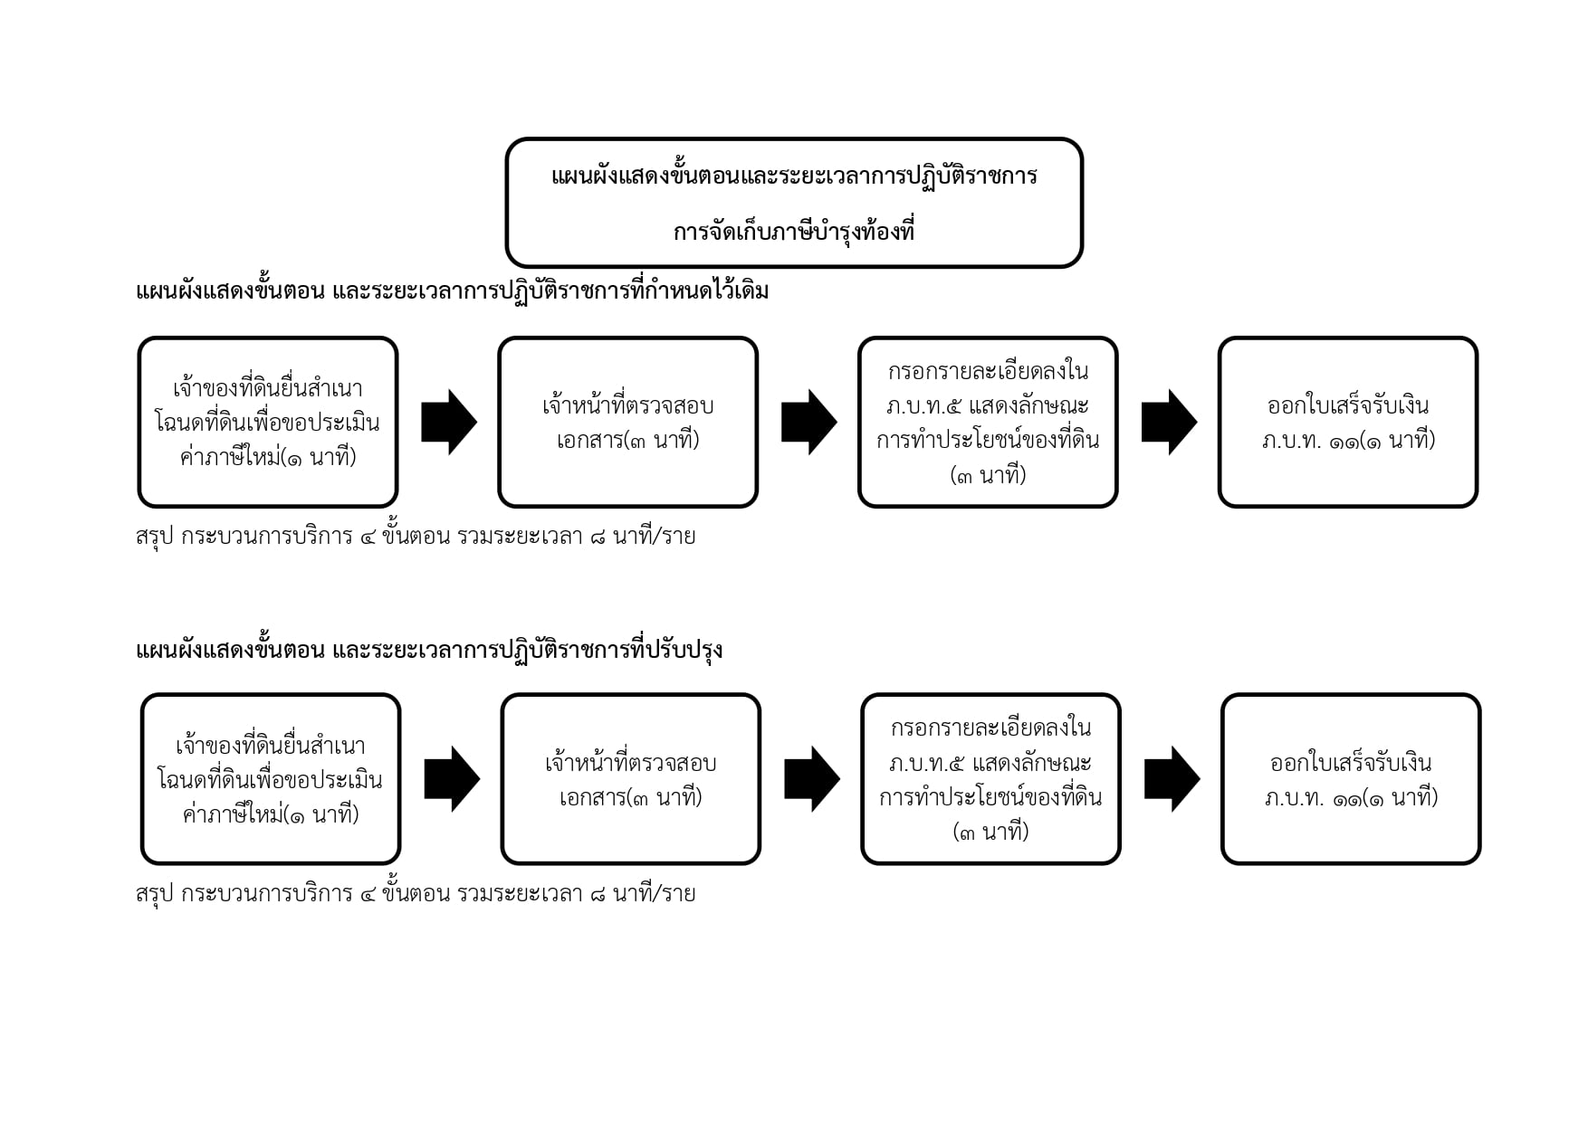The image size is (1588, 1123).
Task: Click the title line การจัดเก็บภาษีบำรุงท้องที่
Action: click(x=793, y=231)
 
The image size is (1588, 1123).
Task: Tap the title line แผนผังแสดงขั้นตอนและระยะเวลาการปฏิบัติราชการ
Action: click(x=794, y=175)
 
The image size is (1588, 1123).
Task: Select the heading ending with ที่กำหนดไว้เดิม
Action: click(x=452, y=290)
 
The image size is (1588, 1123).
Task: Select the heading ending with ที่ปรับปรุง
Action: click(x=429, y=650)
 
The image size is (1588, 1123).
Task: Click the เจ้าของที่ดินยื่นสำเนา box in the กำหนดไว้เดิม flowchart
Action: click(x=268, y=422)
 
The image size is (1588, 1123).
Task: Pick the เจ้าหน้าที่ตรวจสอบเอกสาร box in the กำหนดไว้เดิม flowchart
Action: click(x=627, y=422)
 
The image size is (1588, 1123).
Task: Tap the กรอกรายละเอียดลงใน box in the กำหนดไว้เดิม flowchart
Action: click(x=988, y=422)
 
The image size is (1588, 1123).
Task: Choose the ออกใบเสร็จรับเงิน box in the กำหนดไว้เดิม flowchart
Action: click(x=1348, y=422)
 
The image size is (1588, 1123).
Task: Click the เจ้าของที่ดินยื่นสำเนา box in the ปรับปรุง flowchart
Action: click(x=271, y=779)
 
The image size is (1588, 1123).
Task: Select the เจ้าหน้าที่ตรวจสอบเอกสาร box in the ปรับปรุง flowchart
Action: click(x=630, y=779)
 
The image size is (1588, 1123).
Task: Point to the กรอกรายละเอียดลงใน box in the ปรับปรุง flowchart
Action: click(x=990, y=779)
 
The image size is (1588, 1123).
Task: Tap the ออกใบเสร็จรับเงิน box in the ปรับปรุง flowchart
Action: click(x=1351, y=779)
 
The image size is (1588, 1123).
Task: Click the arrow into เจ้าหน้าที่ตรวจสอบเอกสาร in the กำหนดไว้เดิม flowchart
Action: click(x=449, y=422)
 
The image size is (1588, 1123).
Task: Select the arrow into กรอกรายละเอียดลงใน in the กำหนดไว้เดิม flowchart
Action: click(x=809, y=422)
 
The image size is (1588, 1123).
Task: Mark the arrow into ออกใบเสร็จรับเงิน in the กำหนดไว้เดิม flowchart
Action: click(x=1170, y=422)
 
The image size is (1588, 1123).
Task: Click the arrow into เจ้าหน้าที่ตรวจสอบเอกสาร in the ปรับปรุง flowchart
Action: click(x=452, y=779)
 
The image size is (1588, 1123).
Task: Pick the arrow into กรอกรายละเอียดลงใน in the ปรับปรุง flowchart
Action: click(x=812, y=779)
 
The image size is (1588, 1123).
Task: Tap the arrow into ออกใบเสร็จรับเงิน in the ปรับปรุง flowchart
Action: click(x=1172, y=779)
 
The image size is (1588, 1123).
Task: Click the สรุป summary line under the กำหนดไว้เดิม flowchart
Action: click(x=416, y=536)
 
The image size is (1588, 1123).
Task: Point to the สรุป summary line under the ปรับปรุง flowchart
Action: click(x=416, y=893)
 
